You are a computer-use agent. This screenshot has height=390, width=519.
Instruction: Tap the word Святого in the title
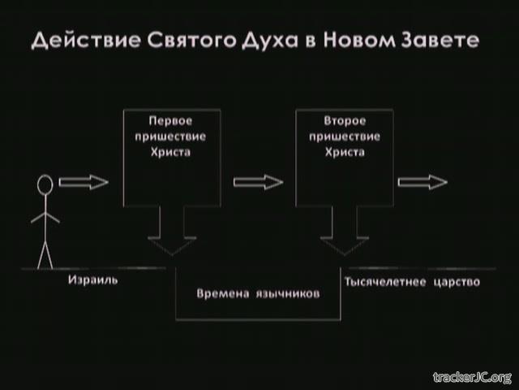point(192,40)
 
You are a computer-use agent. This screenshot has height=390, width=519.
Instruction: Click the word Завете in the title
point(440,40)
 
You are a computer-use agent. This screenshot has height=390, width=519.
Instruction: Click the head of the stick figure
point(45,184)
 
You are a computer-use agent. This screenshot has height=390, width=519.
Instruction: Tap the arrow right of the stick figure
point(84,182)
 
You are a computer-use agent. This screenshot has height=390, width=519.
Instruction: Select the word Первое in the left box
point(170,120)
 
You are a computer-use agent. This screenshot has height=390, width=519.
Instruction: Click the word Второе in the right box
point(345,120)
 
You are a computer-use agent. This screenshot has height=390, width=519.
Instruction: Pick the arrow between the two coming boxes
point(258,182)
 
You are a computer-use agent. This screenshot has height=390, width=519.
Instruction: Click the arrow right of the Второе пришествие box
point(422,182)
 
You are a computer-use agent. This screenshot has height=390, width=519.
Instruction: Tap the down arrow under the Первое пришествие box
point(172,231)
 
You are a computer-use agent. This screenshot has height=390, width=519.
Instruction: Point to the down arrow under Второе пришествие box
point(345,231)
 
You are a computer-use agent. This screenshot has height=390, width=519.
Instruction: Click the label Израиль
point(93,279)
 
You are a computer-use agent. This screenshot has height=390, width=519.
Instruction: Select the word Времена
point(223,293)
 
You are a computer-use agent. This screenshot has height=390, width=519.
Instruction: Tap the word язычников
point(288,294)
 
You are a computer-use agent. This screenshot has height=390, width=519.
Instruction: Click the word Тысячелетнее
point(385,282)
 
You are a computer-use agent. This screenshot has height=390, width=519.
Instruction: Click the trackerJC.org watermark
point(473,377)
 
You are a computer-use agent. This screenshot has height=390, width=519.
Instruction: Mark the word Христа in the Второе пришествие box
point(345,152)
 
